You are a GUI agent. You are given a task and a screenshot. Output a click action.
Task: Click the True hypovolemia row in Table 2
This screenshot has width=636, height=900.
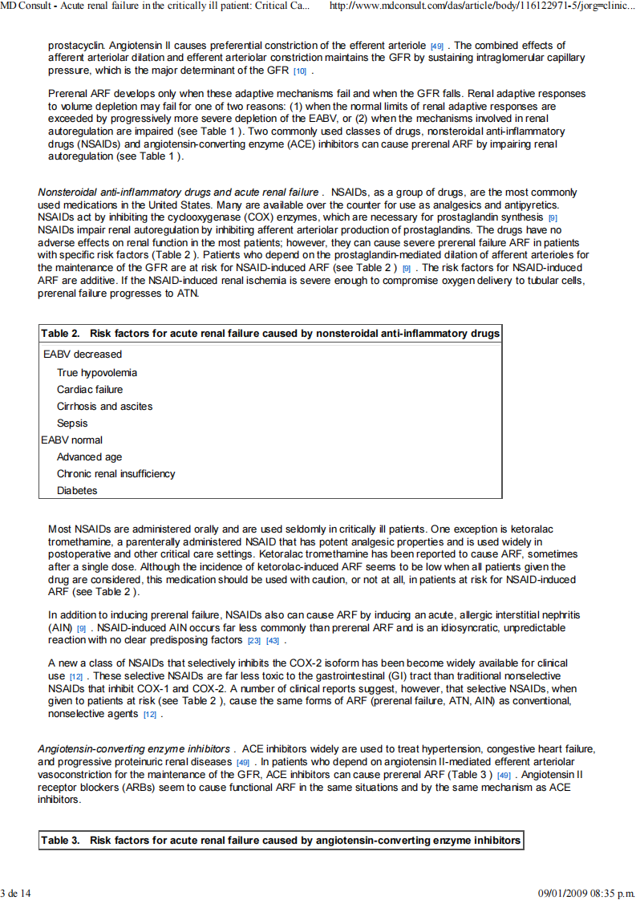tap(96, 372)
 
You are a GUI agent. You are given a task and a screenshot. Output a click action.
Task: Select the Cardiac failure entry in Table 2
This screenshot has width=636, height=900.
tap(90, 389)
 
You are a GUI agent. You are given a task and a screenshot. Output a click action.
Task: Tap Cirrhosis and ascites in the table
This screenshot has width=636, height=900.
tap(104, 406)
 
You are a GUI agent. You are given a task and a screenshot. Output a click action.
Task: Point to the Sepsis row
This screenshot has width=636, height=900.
tap(72, 423)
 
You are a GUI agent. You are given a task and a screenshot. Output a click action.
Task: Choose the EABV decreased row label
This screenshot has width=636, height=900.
tap(82, 354)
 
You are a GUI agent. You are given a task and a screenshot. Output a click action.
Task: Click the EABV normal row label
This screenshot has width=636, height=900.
tap(72, 440)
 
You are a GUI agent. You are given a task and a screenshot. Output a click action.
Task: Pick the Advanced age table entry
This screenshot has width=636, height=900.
tap(89, 457)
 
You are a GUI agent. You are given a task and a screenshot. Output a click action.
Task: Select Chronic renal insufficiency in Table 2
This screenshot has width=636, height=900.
tap(115, 474)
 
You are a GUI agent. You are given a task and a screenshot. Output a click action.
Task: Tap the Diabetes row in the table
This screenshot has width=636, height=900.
tap(77, 491)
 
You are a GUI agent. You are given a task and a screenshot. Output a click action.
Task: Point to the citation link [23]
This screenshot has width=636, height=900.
tap(254, 641)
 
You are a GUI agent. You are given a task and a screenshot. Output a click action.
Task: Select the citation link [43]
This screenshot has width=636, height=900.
tap(273, 641)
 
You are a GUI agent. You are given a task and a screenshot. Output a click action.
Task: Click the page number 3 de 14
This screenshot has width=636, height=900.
tap(18, 893)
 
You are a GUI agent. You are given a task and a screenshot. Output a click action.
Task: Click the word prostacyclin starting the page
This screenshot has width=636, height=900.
tap(72, 46)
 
